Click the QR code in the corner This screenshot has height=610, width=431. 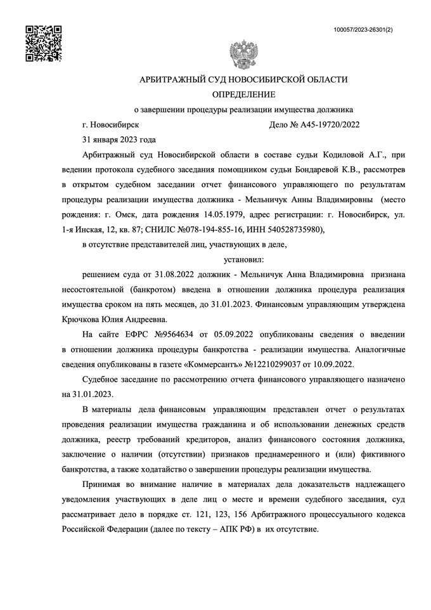click(x=42, y=42)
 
